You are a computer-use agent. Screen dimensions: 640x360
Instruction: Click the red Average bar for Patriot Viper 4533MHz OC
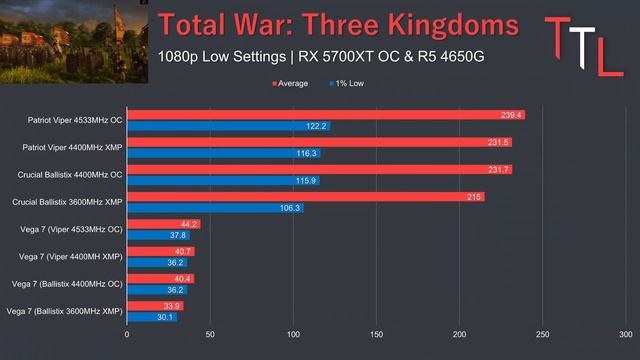[326, 115]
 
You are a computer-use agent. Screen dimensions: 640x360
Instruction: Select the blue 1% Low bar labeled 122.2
[229, 126]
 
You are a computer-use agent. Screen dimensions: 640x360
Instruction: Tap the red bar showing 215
[306, 197]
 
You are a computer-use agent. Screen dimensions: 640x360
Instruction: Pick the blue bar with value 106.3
[216, 208]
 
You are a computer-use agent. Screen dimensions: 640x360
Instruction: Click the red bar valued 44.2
[164, 224]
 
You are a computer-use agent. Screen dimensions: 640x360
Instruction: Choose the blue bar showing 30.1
[152, 317]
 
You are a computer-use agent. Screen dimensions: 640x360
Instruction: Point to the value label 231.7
[498, 169]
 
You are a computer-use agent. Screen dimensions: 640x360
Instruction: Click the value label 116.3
[306, 153]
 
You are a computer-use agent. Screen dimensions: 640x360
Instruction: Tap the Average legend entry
[290, 84]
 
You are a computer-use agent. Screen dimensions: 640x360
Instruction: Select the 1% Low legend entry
[347, 84]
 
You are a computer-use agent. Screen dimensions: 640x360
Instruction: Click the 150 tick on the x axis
[376, 334]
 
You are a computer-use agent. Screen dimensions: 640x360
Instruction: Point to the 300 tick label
[626, 334]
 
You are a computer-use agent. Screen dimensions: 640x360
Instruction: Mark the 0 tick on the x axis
[127, 334]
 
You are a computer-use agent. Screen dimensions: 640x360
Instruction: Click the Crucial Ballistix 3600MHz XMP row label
[67, 202]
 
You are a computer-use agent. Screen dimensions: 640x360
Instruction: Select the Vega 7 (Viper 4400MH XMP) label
[71, 257]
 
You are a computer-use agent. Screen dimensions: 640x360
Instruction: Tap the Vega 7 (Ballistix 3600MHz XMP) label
[64, 311]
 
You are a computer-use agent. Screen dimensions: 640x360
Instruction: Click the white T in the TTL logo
[583, 47]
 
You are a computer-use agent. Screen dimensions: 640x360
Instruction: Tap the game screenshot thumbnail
[74, 42]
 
